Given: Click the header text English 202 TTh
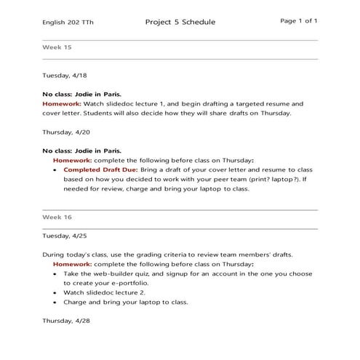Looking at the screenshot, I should [x=68, y=23].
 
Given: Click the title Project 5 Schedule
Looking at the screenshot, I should [x=180, y=22].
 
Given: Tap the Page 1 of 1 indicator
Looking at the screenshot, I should [x=298, y=21].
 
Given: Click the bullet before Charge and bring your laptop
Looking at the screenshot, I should [x=56, y=302].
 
